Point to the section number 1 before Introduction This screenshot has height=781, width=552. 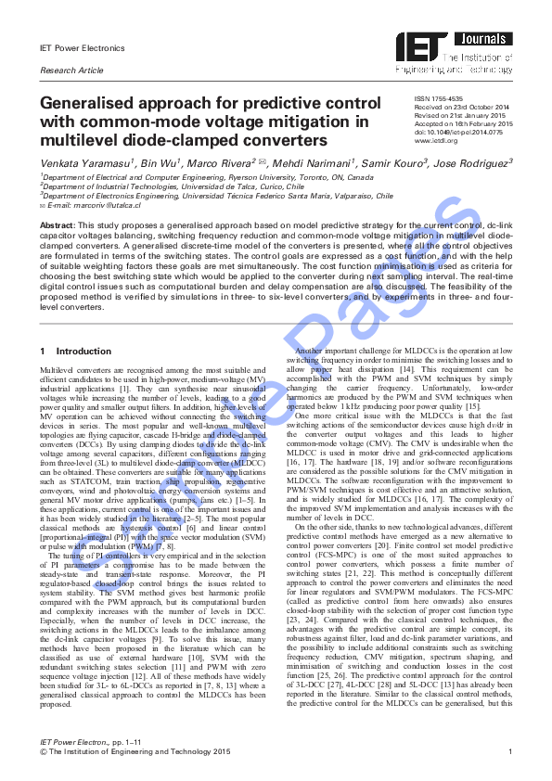tap(43, 352)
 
